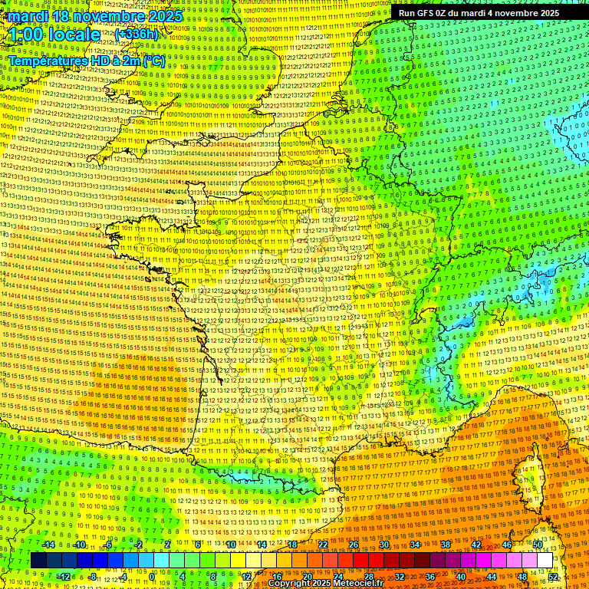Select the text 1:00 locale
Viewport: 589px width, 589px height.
(54, 35)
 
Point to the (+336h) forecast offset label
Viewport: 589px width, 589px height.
(137, 35)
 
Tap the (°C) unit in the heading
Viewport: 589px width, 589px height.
(152, 60)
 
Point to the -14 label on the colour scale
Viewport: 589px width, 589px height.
(48, 545)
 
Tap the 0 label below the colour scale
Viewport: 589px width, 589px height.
(152, 577)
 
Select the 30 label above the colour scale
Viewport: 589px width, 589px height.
(383, 545)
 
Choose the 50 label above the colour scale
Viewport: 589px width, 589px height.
(537, 545)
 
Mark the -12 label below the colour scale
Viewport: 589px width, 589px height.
(64, 577)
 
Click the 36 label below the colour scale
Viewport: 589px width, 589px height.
(429, 577)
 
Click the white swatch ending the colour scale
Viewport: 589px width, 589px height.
(545, 561)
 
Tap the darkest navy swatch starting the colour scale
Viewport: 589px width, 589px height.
(38, 561)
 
